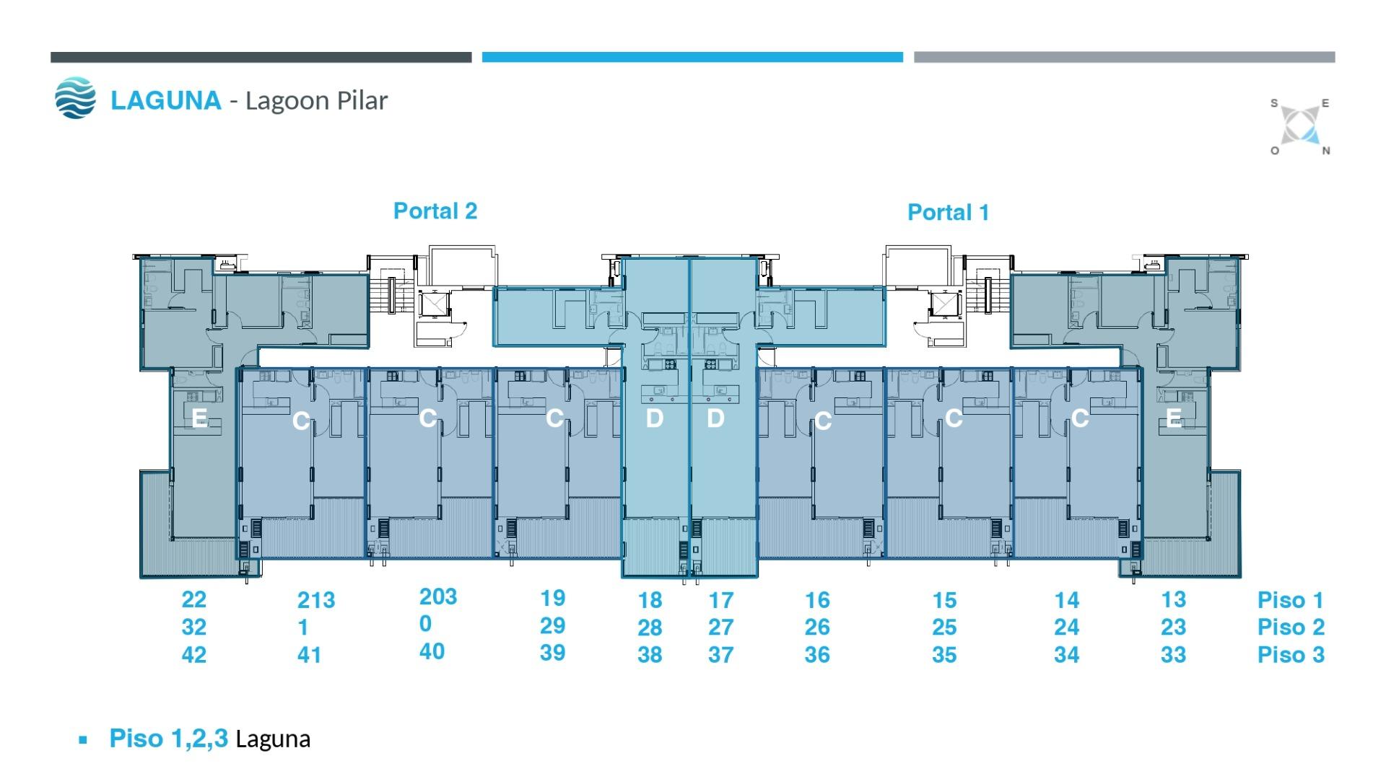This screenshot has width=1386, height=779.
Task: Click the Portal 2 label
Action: [x=435, y=211]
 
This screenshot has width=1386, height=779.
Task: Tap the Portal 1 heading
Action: [x=948, y=212]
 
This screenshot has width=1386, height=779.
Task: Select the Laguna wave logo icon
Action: [x=75, y=98]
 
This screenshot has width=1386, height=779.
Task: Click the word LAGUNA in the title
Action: [x=165, y=100]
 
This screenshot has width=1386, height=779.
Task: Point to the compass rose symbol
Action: [x=1300, y=127]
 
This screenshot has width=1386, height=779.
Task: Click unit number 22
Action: [x=193, y=599]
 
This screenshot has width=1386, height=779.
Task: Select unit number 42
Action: [x=193, y=654]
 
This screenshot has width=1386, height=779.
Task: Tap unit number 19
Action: [x=552, y=598]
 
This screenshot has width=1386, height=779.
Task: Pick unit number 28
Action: [x=650, y=628]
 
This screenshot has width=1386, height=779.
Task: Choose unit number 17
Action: [x=720, y=600]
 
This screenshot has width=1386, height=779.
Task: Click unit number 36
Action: [x=817, y=655]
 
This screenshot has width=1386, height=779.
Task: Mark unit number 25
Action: [x=944, y=628]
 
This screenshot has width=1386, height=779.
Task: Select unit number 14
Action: [x=1066, y=600]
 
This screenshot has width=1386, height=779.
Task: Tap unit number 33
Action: [x=1173, y=655]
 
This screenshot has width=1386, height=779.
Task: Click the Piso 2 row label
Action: [x=1291, y=628]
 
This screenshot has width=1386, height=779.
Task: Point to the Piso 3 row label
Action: [x=1291, y=655]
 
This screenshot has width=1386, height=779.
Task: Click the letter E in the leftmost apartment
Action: [x=199, y=418]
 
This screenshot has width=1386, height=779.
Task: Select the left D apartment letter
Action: [x=654, y=418]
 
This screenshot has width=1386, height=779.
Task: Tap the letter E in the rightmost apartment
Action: [x=1174, y=418]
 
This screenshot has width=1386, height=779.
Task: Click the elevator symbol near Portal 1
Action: [x=944, y=304]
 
